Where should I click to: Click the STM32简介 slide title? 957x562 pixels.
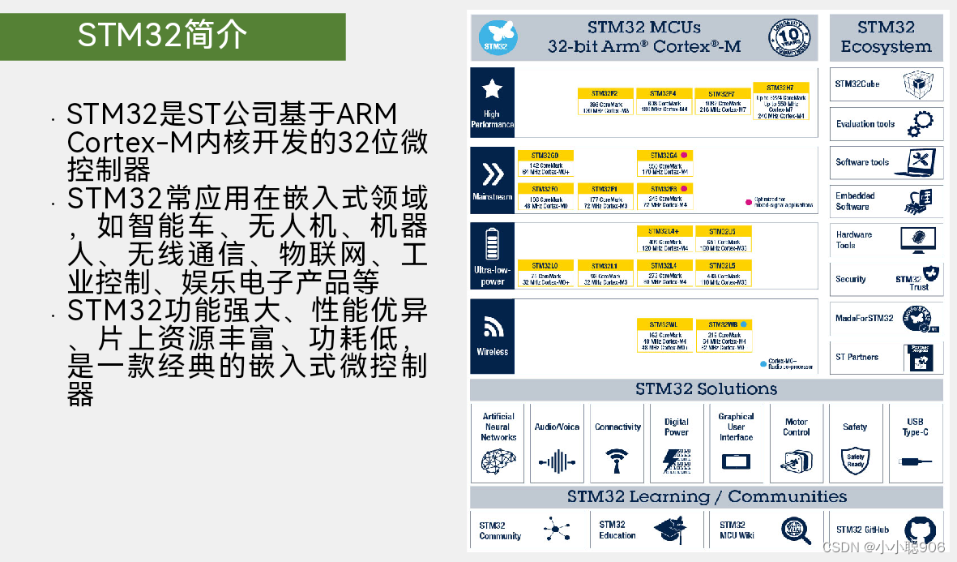tap(162, 36)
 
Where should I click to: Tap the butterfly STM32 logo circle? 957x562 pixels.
tap(498, 37)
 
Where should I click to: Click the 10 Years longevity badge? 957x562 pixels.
tap(789, 37)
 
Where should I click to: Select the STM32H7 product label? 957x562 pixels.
tap(780, 88)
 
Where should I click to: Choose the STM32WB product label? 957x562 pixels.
tap(720, 324)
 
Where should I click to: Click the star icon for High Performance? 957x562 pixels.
tap(492, 89)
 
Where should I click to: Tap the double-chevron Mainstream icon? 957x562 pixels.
tap(492, 174)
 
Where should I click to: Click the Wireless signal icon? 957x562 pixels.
tap(492, 328)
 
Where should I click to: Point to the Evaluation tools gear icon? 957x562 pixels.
tap(921, 124)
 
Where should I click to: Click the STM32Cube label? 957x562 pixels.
tap(857, 84)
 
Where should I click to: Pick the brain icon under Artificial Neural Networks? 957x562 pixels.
tap(498, 461)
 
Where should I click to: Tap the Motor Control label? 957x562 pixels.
tap(796, 427)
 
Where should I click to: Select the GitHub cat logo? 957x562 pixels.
tap(920, 530)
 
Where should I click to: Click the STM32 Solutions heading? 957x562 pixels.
tap(706, 389)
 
